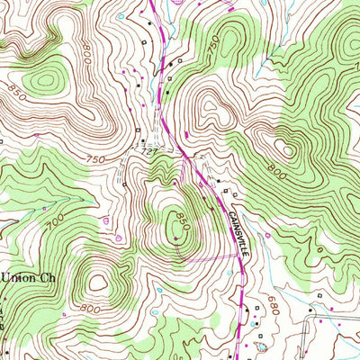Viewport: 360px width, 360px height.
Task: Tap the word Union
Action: coord(16,277)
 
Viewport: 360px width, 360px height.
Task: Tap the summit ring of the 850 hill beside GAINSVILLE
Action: coord(174,217)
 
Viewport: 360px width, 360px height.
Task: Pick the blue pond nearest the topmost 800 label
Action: coord(120,66)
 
